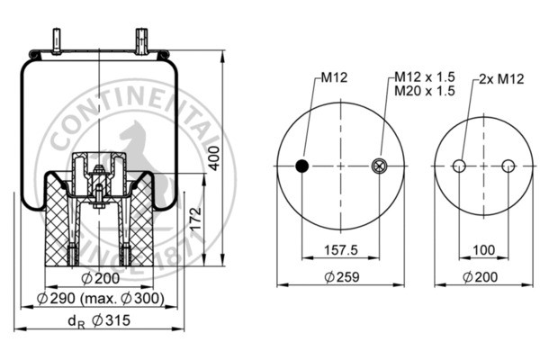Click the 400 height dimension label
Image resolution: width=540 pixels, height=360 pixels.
click(214, 158)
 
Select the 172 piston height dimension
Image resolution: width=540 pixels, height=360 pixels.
click(196, 219)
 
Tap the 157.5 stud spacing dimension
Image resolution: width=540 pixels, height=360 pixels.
click(341, 250)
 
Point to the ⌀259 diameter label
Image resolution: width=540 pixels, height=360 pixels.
click(342, 276)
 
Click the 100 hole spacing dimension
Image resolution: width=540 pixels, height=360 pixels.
click(484, 250)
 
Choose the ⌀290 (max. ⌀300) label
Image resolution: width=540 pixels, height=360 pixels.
click(100, 298)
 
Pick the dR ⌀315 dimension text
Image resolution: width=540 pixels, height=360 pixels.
click(99, 320)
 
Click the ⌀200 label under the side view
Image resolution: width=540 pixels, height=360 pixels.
click(101, 278)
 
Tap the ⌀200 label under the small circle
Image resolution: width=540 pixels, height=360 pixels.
click(480, 276)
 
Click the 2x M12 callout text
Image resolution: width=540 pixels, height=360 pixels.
click(501, 79)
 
